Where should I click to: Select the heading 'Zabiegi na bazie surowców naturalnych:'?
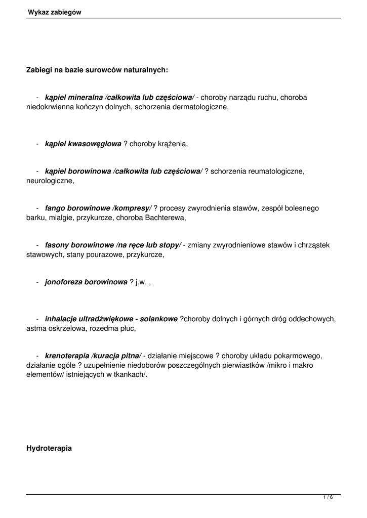97,70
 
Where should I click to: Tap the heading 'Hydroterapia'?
49,448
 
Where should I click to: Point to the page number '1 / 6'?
328,498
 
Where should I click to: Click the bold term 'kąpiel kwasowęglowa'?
83,144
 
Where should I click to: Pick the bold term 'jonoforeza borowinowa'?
86,282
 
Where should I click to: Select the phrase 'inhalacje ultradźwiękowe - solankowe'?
111,319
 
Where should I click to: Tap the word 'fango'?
55,208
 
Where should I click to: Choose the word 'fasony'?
57,245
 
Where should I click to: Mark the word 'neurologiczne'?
50,181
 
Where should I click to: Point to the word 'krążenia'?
172,144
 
